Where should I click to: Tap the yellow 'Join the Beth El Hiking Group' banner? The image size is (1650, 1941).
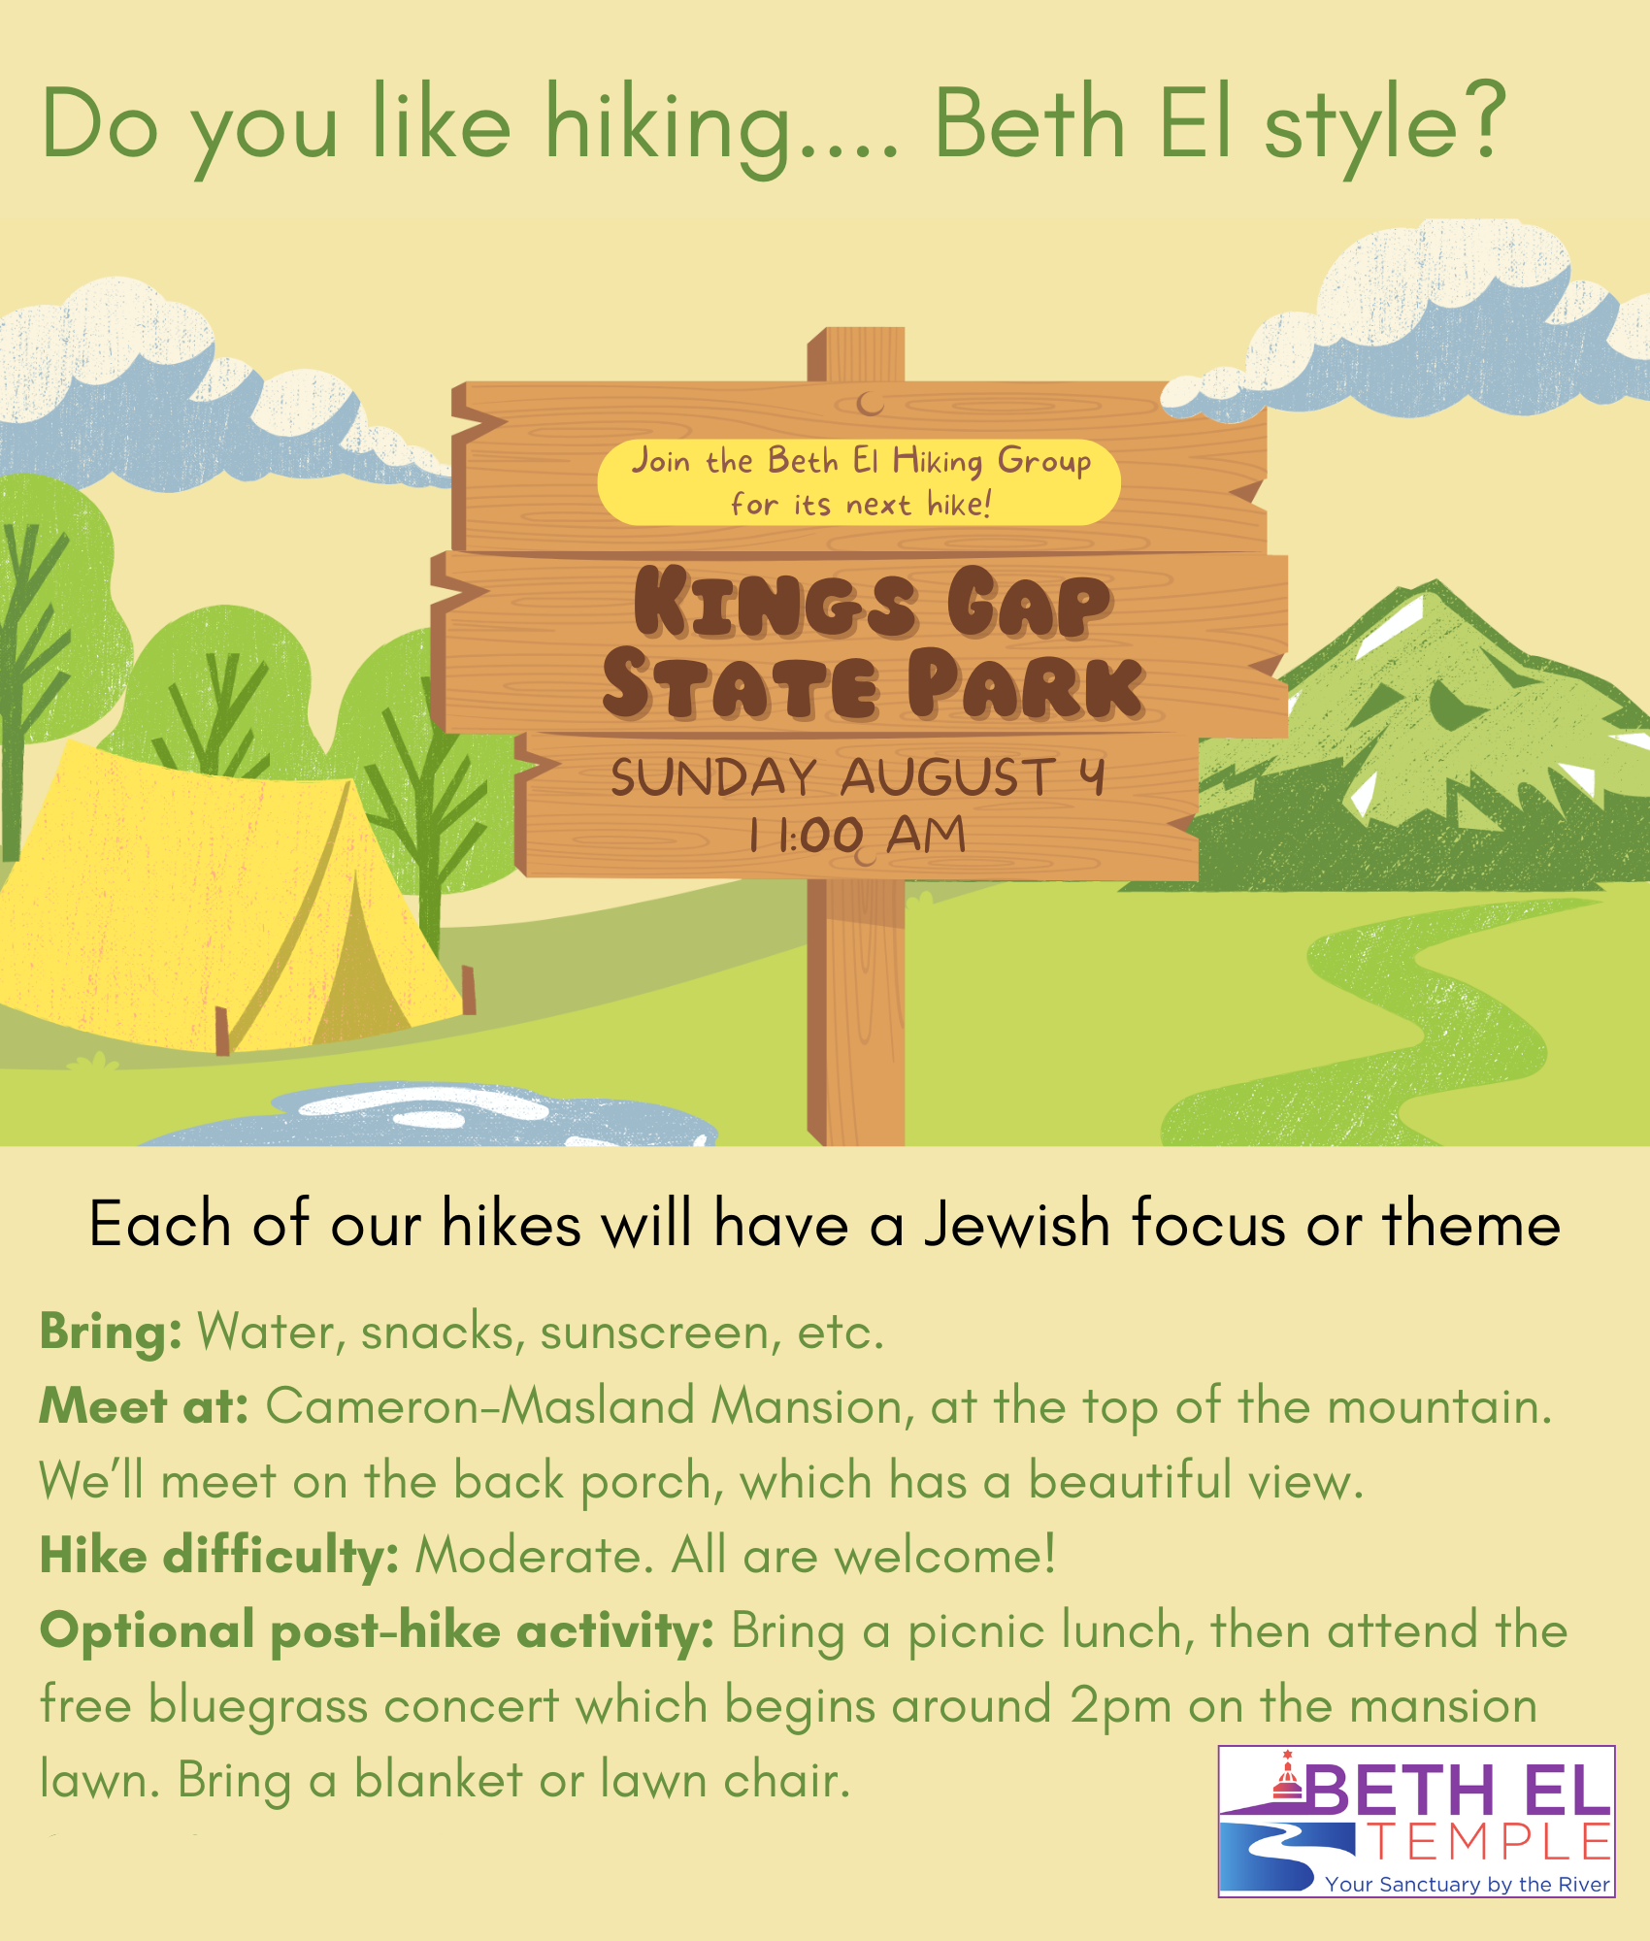(859, 482)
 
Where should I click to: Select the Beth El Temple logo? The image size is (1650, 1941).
(1416, 1822)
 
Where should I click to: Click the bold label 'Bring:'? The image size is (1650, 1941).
(111, 1332)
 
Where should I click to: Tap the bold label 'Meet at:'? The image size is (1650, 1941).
(145, 1406)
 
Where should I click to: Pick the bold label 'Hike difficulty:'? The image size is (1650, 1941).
(219, 1557)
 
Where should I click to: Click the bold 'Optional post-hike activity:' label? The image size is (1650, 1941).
(378, 1631)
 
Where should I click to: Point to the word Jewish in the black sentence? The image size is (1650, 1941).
(1016, 1224)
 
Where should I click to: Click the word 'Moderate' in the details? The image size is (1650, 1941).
(528, 1557)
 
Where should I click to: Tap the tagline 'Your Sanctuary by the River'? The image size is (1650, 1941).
(1468, 1884)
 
